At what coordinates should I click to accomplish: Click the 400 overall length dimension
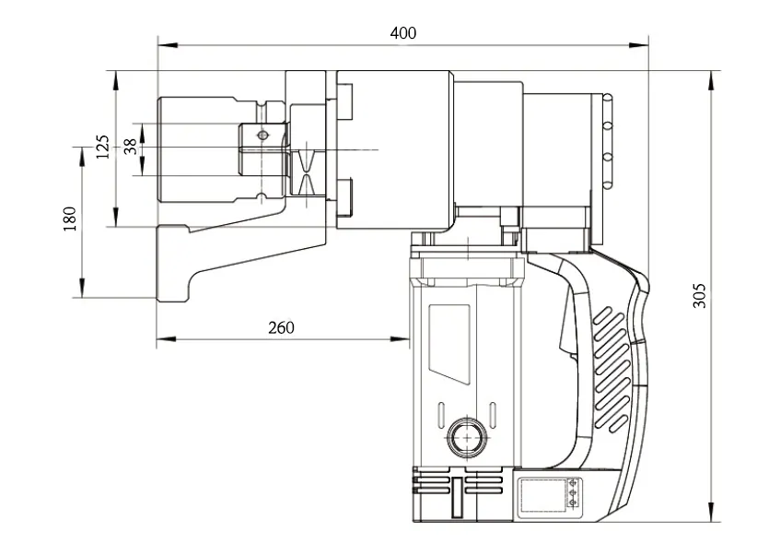[x=403, y=33]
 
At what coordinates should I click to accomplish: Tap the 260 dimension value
[x=281, y=327]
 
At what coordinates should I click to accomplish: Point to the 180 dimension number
[x=69, y=219]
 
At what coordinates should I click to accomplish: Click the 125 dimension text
[x=102, y=147]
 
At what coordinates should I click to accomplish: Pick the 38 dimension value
[x=130, y=147]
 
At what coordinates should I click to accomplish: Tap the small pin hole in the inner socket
[x=263, y=135]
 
